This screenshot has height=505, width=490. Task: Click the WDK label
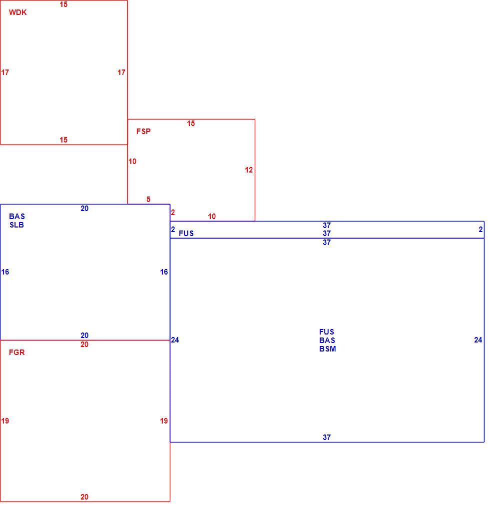coord(17,12)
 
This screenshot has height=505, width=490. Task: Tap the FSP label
coord(143,131)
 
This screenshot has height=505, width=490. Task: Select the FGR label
coord(16,352)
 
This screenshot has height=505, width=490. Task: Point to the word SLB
coord(16,225)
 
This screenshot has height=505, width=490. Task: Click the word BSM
coord(328,349)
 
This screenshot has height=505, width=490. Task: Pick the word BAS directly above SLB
coord(17,216)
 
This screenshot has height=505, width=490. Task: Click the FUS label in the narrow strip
coord(186,233)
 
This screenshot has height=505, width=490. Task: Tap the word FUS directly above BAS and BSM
coord(327,331)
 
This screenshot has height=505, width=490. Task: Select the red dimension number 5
coord(148,199)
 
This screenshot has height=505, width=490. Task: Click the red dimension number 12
coord(249,170)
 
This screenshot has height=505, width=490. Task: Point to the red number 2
coord(173,212)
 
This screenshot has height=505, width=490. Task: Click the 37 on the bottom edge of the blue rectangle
coord(327,437)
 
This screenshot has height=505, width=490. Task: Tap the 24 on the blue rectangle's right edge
coord(478,340)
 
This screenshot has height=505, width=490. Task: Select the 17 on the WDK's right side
coord(121,72)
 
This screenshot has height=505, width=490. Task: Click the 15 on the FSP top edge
coord(191,123)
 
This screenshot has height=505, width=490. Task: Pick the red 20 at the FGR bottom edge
coord(84,497)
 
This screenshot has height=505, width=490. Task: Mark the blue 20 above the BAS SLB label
coord(84,208)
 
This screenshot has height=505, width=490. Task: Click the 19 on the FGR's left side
coord(5,421)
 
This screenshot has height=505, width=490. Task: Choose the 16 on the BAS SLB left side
coord(5,272)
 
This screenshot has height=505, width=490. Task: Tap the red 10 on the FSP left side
coord(132,161)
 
